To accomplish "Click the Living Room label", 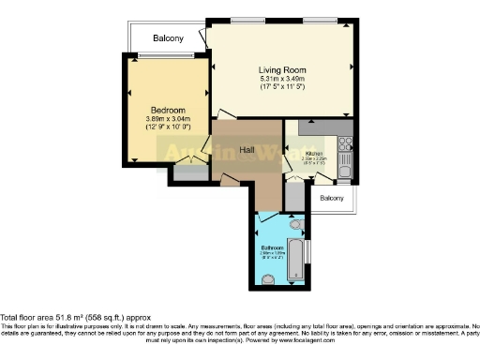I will pyautogui.click(x=282, y=68).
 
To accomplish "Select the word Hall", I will pyautogui.click(x=247, y=150).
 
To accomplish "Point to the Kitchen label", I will pyautogui.click(x=313, y=153).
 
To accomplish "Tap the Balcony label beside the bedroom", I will pyautogui.click(x=169, y=38).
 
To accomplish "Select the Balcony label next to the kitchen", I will pyautogui.click(x=332, y=198).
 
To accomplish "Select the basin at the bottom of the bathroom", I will pyautogui.click(x=269, y=278).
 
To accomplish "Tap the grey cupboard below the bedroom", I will pyautogui.click(x=190, y=172).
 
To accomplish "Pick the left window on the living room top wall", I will pyautogui.click(x=247, y=20).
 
